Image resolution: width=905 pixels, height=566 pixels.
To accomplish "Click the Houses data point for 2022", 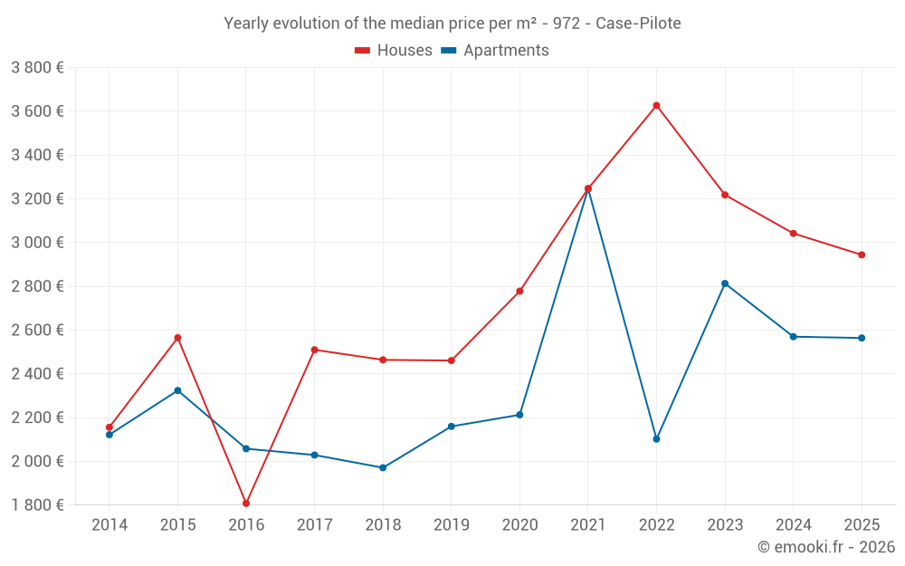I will (x=656, y=106).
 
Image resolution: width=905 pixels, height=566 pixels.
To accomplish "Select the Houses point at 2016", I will (x=246, y=504).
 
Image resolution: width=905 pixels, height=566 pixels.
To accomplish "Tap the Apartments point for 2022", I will (x=656, y=439).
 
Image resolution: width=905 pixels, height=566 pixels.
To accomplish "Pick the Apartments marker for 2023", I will (x=725, y=283).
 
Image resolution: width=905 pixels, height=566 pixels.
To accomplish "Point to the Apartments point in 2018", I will (x=383, y=468).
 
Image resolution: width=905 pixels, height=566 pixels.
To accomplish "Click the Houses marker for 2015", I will (x=177, y=338).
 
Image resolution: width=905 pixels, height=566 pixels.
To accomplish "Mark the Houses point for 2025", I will (x=862, y=255).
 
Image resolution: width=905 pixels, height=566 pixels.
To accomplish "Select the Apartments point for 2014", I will (x=110, y=435).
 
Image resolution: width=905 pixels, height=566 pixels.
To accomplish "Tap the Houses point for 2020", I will (x=519, y=292).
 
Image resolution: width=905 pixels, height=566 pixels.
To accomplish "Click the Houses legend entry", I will (x=394, y=51).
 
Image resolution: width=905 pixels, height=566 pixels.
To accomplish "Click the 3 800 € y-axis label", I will (x=37, y=68).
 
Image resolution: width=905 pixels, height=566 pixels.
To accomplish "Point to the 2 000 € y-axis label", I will (x=37, y=461).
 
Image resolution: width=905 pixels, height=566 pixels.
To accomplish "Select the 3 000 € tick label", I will (x=37, y=243).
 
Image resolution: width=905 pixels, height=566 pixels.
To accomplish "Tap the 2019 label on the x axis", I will (x=451, y=525).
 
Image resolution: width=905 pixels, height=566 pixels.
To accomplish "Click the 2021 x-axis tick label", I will (x=587, y=525).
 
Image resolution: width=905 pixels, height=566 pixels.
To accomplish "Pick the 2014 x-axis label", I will (x=110, y=525).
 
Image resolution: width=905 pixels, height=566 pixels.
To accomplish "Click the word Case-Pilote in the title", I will (x=638, y=24).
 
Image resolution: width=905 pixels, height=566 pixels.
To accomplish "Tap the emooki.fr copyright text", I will (x=826, y=547).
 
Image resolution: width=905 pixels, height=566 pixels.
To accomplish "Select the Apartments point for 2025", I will (x=862, y=338).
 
